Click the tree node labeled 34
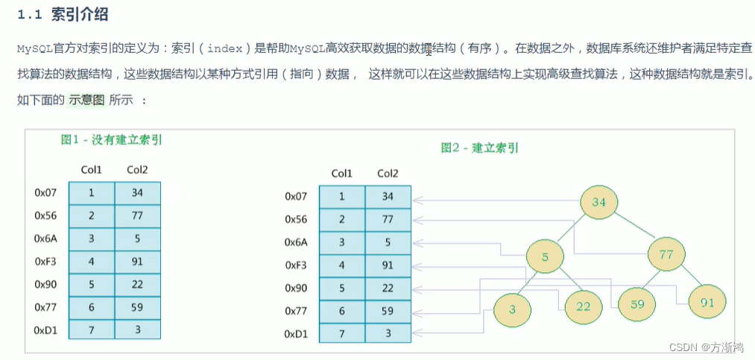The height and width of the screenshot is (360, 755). coord(599,202)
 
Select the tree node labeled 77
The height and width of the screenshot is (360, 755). coord(666,256)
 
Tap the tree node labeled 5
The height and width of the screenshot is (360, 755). coord(545,257)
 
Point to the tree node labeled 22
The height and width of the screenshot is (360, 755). coord(583,306)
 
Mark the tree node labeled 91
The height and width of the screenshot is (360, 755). coord(707,302)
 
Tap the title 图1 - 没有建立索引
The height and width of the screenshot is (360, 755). coord(112,139)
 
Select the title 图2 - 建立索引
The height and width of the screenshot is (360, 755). coord(479,148)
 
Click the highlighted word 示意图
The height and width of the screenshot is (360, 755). coord(87,100)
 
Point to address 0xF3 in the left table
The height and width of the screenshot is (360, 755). coord(46,261)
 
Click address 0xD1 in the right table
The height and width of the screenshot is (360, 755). coord(296,333)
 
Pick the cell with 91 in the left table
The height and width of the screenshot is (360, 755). coord(137,261)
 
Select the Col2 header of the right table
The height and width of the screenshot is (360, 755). coord(388,174)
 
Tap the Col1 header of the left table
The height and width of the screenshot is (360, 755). coord(92,170)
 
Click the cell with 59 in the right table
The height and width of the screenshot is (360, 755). coord(388,311)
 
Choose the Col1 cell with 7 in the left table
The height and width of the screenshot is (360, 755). coord(92,329)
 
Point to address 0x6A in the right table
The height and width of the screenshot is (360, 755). coord(296,242)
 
